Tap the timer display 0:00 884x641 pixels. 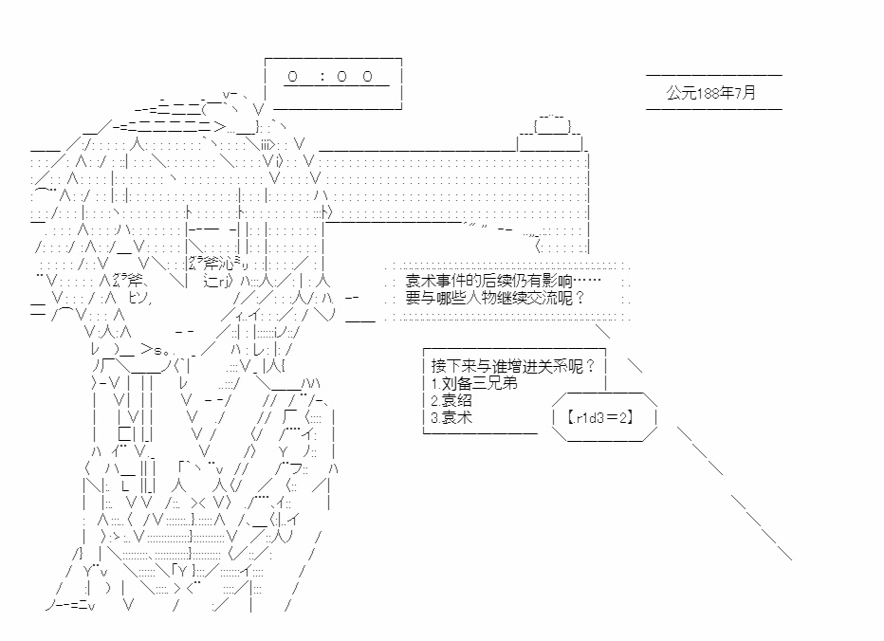tap(336, 76)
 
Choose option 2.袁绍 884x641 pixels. tap(451, 400)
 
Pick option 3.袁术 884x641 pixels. tap(451, 416)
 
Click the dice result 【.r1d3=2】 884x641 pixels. tap(599, 416)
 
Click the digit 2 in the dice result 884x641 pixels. tap(621, 416)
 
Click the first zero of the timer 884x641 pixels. tap(293, 76)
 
